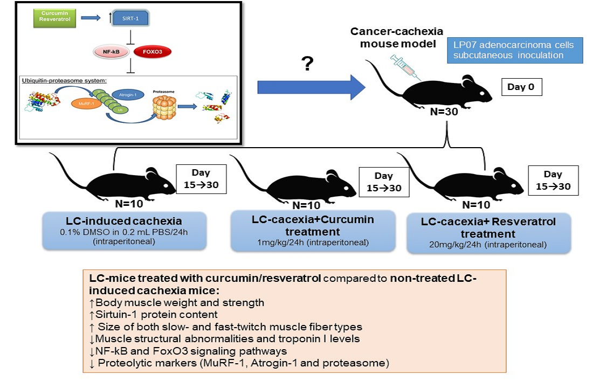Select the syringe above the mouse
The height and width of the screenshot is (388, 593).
click(x=405, y=68)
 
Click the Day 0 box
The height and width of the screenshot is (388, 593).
click(x=521, y=87)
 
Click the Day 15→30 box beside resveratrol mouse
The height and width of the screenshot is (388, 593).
click(x=553, y=181)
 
